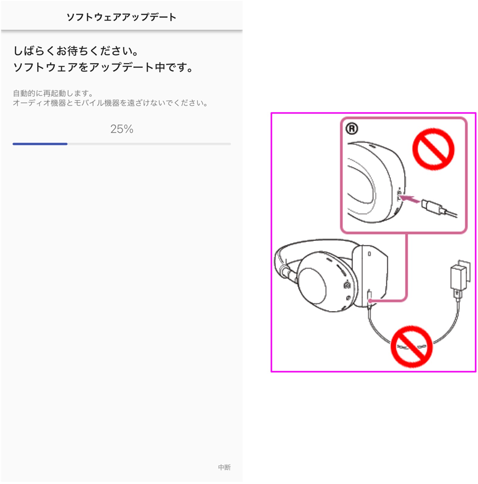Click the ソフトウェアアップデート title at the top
tap(121, 17)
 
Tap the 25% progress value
tap(122, 129)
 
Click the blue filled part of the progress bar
tap(40, 144)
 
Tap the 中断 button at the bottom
tap(224, 467)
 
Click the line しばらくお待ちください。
tap(76, 51)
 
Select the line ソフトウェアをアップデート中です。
tap(103, 67)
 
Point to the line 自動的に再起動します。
tap(53, 93)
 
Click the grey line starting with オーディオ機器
tap(110, 103)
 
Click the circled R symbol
tap(352, 129)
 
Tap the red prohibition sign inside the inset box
tap(433, 149)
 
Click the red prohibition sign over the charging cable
tap(412, 346)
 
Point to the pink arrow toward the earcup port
tap(410, 199)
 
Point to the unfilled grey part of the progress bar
tap(149, 144)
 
